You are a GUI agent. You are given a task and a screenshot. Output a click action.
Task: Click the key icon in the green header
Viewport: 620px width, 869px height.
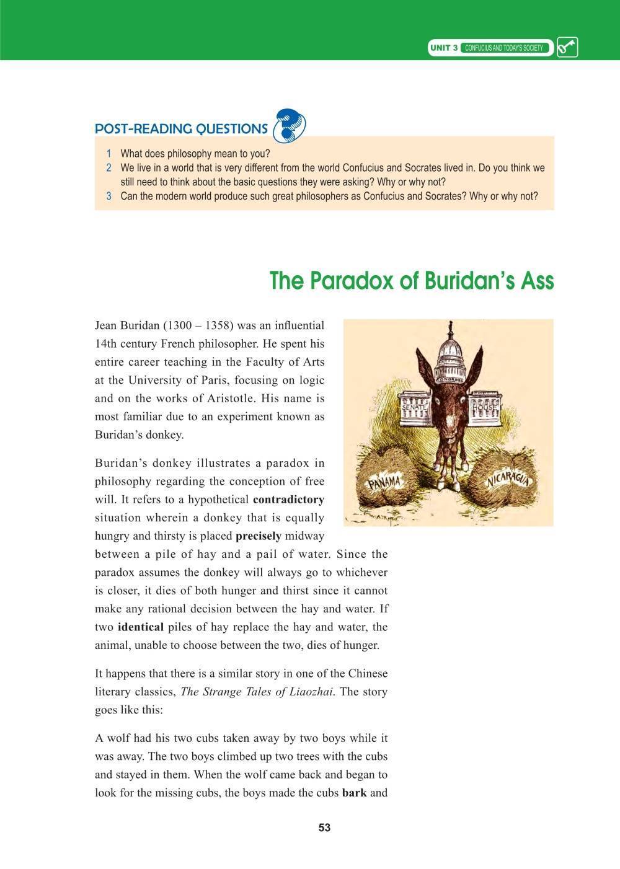[567, 48]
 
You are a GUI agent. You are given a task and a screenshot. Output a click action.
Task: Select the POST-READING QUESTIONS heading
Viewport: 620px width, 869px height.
[181, 129]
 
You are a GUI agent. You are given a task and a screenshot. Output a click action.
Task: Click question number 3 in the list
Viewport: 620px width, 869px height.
[108, 196]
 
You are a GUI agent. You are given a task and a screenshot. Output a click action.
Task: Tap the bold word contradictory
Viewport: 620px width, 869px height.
[288, 500]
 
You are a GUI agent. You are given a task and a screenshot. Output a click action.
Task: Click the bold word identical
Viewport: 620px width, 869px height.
[140, 627]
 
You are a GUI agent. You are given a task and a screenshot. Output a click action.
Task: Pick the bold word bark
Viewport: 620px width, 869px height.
[354, 793]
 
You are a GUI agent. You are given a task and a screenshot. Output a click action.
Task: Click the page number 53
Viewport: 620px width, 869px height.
[324, 827]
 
